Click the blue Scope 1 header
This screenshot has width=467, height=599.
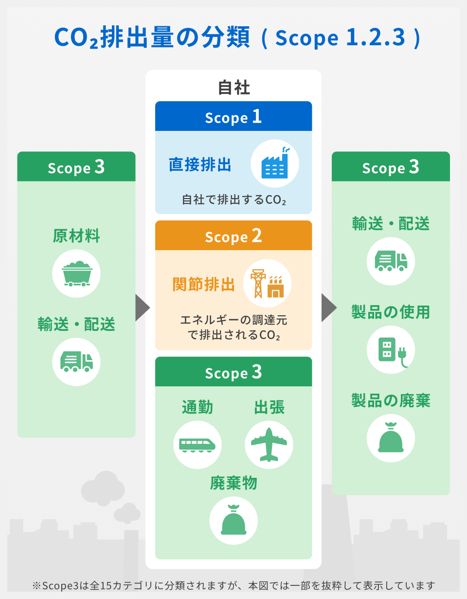pos(233,117)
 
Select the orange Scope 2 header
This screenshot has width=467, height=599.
pos(233,236)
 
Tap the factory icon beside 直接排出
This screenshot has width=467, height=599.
pos(275,163)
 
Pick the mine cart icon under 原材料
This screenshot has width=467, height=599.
pos(76,273)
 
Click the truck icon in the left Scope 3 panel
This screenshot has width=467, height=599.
pos(76,362)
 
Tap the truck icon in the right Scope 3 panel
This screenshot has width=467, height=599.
pos(391,261)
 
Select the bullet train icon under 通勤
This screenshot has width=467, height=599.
pos(198,445)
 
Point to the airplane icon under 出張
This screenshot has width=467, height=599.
pos(269,445)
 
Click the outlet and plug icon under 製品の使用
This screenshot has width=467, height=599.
pos(391,350)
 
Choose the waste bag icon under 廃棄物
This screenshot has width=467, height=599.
pos(233,520)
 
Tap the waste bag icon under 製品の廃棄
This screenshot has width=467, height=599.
pos(391,438)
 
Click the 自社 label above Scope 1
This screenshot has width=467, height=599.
pos(233,88)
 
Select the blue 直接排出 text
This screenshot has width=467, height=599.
pos(200,164)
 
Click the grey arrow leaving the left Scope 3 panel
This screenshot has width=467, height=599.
pos(142,308)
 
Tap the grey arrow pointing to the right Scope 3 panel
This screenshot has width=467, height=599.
pos(329,308)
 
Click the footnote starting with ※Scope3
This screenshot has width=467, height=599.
pos(233,585)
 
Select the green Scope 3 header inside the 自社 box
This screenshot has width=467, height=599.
pos(233,372)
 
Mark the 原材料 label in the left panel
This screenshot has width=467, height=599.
pos(76,236)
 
